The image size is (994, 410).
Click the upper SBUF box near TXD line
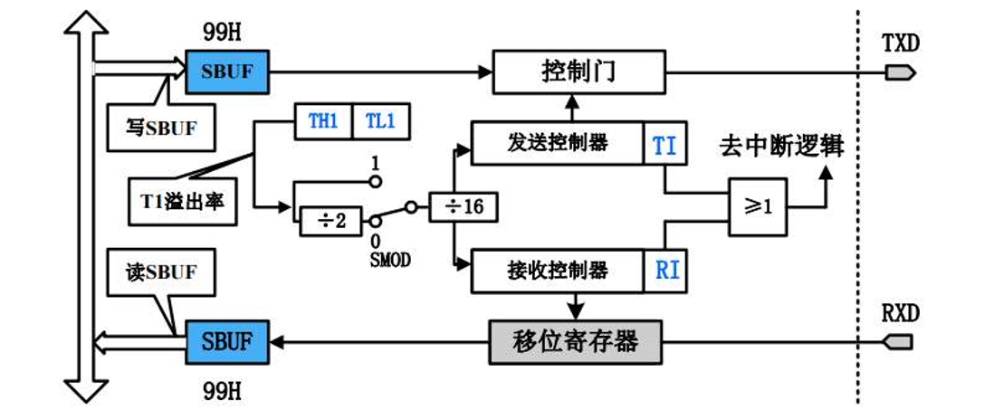227,71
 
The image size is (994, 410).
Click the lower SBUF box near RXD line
227,342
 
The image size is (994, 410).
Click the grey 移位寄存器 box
575,341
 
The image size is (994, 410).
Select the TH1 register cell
323,122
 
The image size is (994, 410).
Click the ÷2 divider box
329,219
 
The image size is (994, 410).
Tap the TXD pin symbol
897,72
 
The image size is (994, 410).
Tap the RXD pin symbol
897,342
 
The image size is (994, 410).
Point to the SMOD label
391,260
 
